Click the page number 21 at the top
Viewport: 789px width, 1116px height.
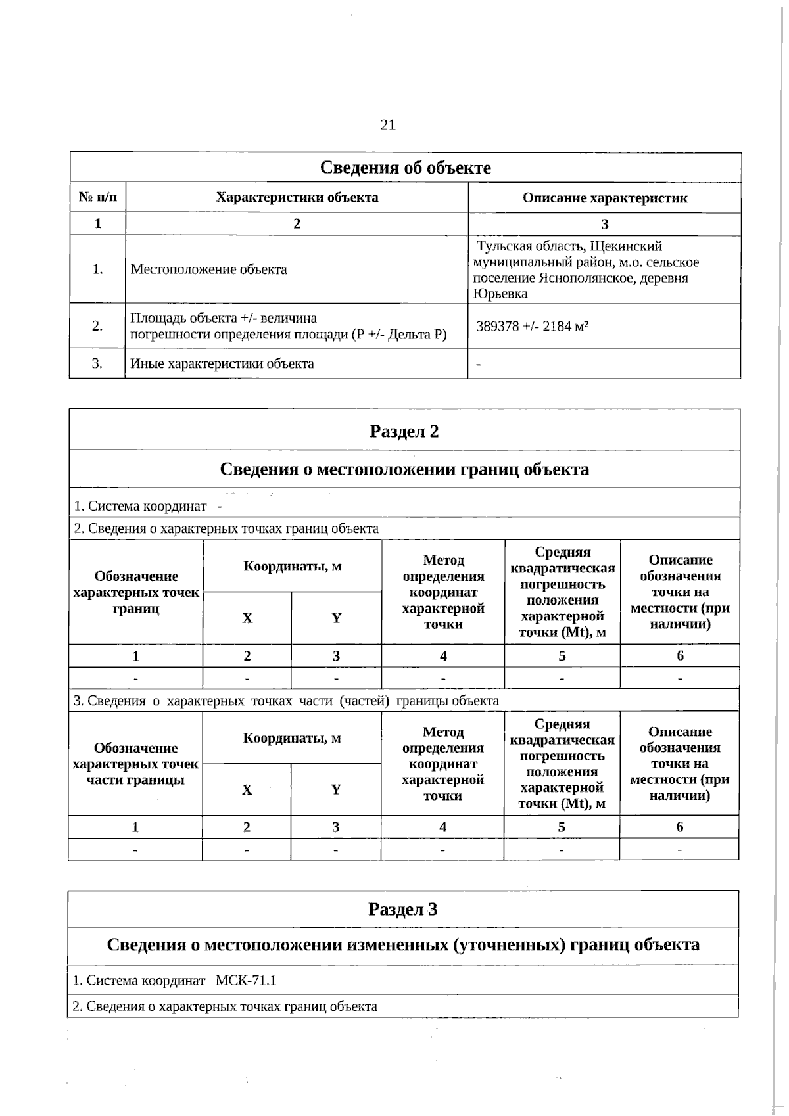click(x=388, y=125)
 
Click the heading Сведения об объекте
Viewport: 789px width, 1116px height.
click(x=405, y=168)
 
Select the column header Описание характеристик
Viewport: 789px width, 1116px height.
click(x=604, y=198)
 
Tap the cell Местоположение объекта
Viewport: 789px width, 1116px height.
click(x=208, y=269)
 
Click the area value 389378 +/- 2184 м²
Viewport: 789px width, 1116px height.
click(x=532, y=326)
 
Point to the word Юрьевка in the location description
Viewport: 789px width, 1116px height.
click(x=500, y=294)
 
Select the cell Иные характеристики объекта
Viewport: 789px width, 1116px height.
click(x=222, y=363)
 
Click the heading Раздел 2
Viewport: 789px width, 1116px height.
click(x=404, y=431)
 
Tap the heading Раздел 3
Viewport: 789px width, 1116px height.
click(x=402, y=909)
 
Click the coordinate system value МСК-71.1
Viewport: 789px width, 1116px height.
click(x=246, y=981)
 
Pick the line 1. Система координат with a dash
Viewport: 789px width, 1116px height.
click(x=148, y=506)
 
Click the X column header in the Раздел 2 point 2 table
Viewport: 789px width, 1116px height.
click(x=247, y=618)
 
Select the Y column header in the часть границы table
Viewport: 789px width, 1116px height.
click(x=336, y=789)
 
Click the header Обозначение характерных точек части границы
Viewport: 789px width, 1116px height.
click(x=135, y=764)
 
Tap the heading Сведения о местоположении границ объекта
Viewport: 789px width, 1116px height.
click(x=404, y=469)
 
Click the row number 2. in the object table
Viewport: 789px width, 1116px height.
click(x=97, y=326)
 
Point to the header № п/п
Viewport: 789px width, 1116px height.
click(x=98, y=197)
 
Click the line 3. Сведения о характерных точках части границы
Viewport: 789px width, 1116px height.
click(x=286, y=701)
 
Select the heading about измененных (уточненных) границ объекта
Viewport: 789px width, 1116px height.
click(x=403, y=945)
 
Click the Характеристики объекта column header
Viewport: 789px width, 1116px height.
click(x=297, y=197)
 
